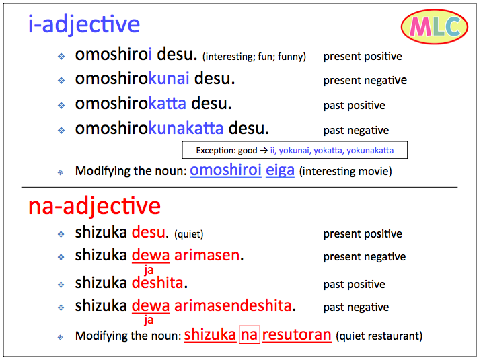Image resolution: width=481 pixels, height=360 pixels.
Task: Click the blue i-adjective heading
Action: pos(83,24)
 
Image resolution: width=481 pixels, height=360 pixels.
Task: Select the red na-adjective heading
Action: pos(94,206)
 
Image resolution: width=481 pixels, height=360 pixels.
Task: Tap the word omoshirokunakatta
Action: pos(149,128)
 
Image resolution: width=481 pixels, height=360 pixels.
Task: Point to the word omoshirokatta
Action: pos(131,103)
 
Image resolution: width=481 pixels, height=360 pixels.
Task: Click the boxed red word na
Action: pos(249,334)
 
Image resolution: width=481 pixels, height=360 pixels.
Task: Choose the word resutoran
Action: pos(297,334)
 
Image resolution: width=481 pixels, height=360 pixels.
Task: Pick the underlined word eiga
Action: pos(280,170)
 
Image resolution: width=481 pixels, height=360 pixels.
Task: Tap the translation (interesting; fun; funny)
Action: pos(254,57)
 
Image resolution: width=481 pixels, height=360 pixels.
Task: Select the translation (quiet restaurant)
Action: pos(379,336)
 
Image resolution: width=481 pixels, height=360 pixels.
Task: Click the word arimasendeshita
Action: pos(233,305)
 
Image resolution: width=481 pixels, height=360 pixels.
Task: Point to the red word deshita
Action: pos(157,283)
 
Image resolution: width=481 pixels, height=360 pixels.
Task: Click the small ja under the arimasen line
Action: pos(149,270)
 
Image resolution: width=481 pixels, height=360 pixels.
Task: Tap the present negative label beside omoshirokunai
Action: pos(365,80)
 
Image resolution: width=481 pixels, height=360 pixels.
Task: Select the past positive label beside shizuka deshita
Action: pos(355,285)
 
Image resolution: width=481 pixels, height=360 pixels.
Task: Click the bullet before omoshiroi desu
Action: pos(61,56)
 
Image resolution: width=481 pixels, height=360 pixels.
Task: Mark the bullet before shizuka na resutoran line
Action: pos(61,337)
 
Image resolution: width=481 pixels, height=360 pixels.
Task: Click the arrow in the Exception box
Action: pos(264,150)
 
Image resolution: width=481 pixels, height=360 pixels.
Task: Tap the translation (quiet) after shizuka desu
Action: pos(188,234)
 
